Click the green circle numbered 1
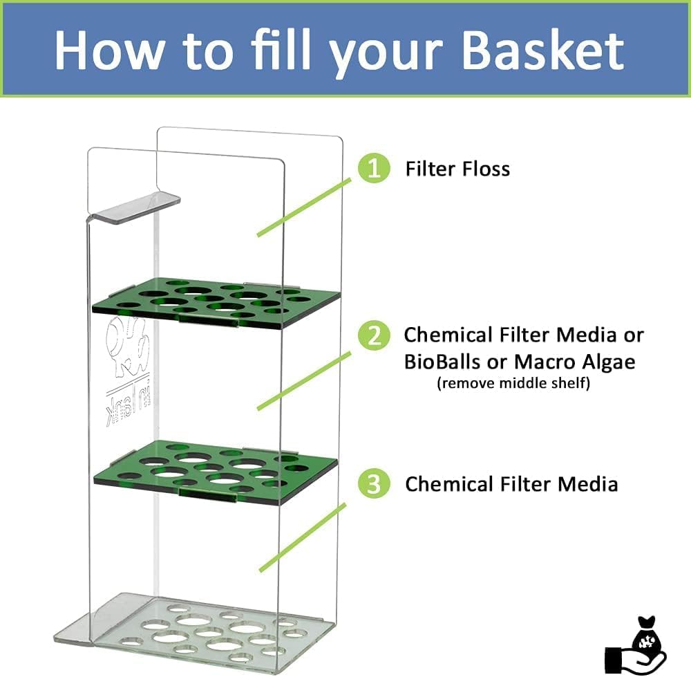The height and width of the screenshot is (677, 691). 374,168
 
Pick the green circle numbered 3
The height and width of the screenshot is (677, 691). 374,483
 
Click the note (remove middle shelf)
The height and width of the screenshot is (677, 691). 513,383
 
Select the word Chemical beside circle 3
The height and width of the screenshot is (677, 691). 453,483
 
